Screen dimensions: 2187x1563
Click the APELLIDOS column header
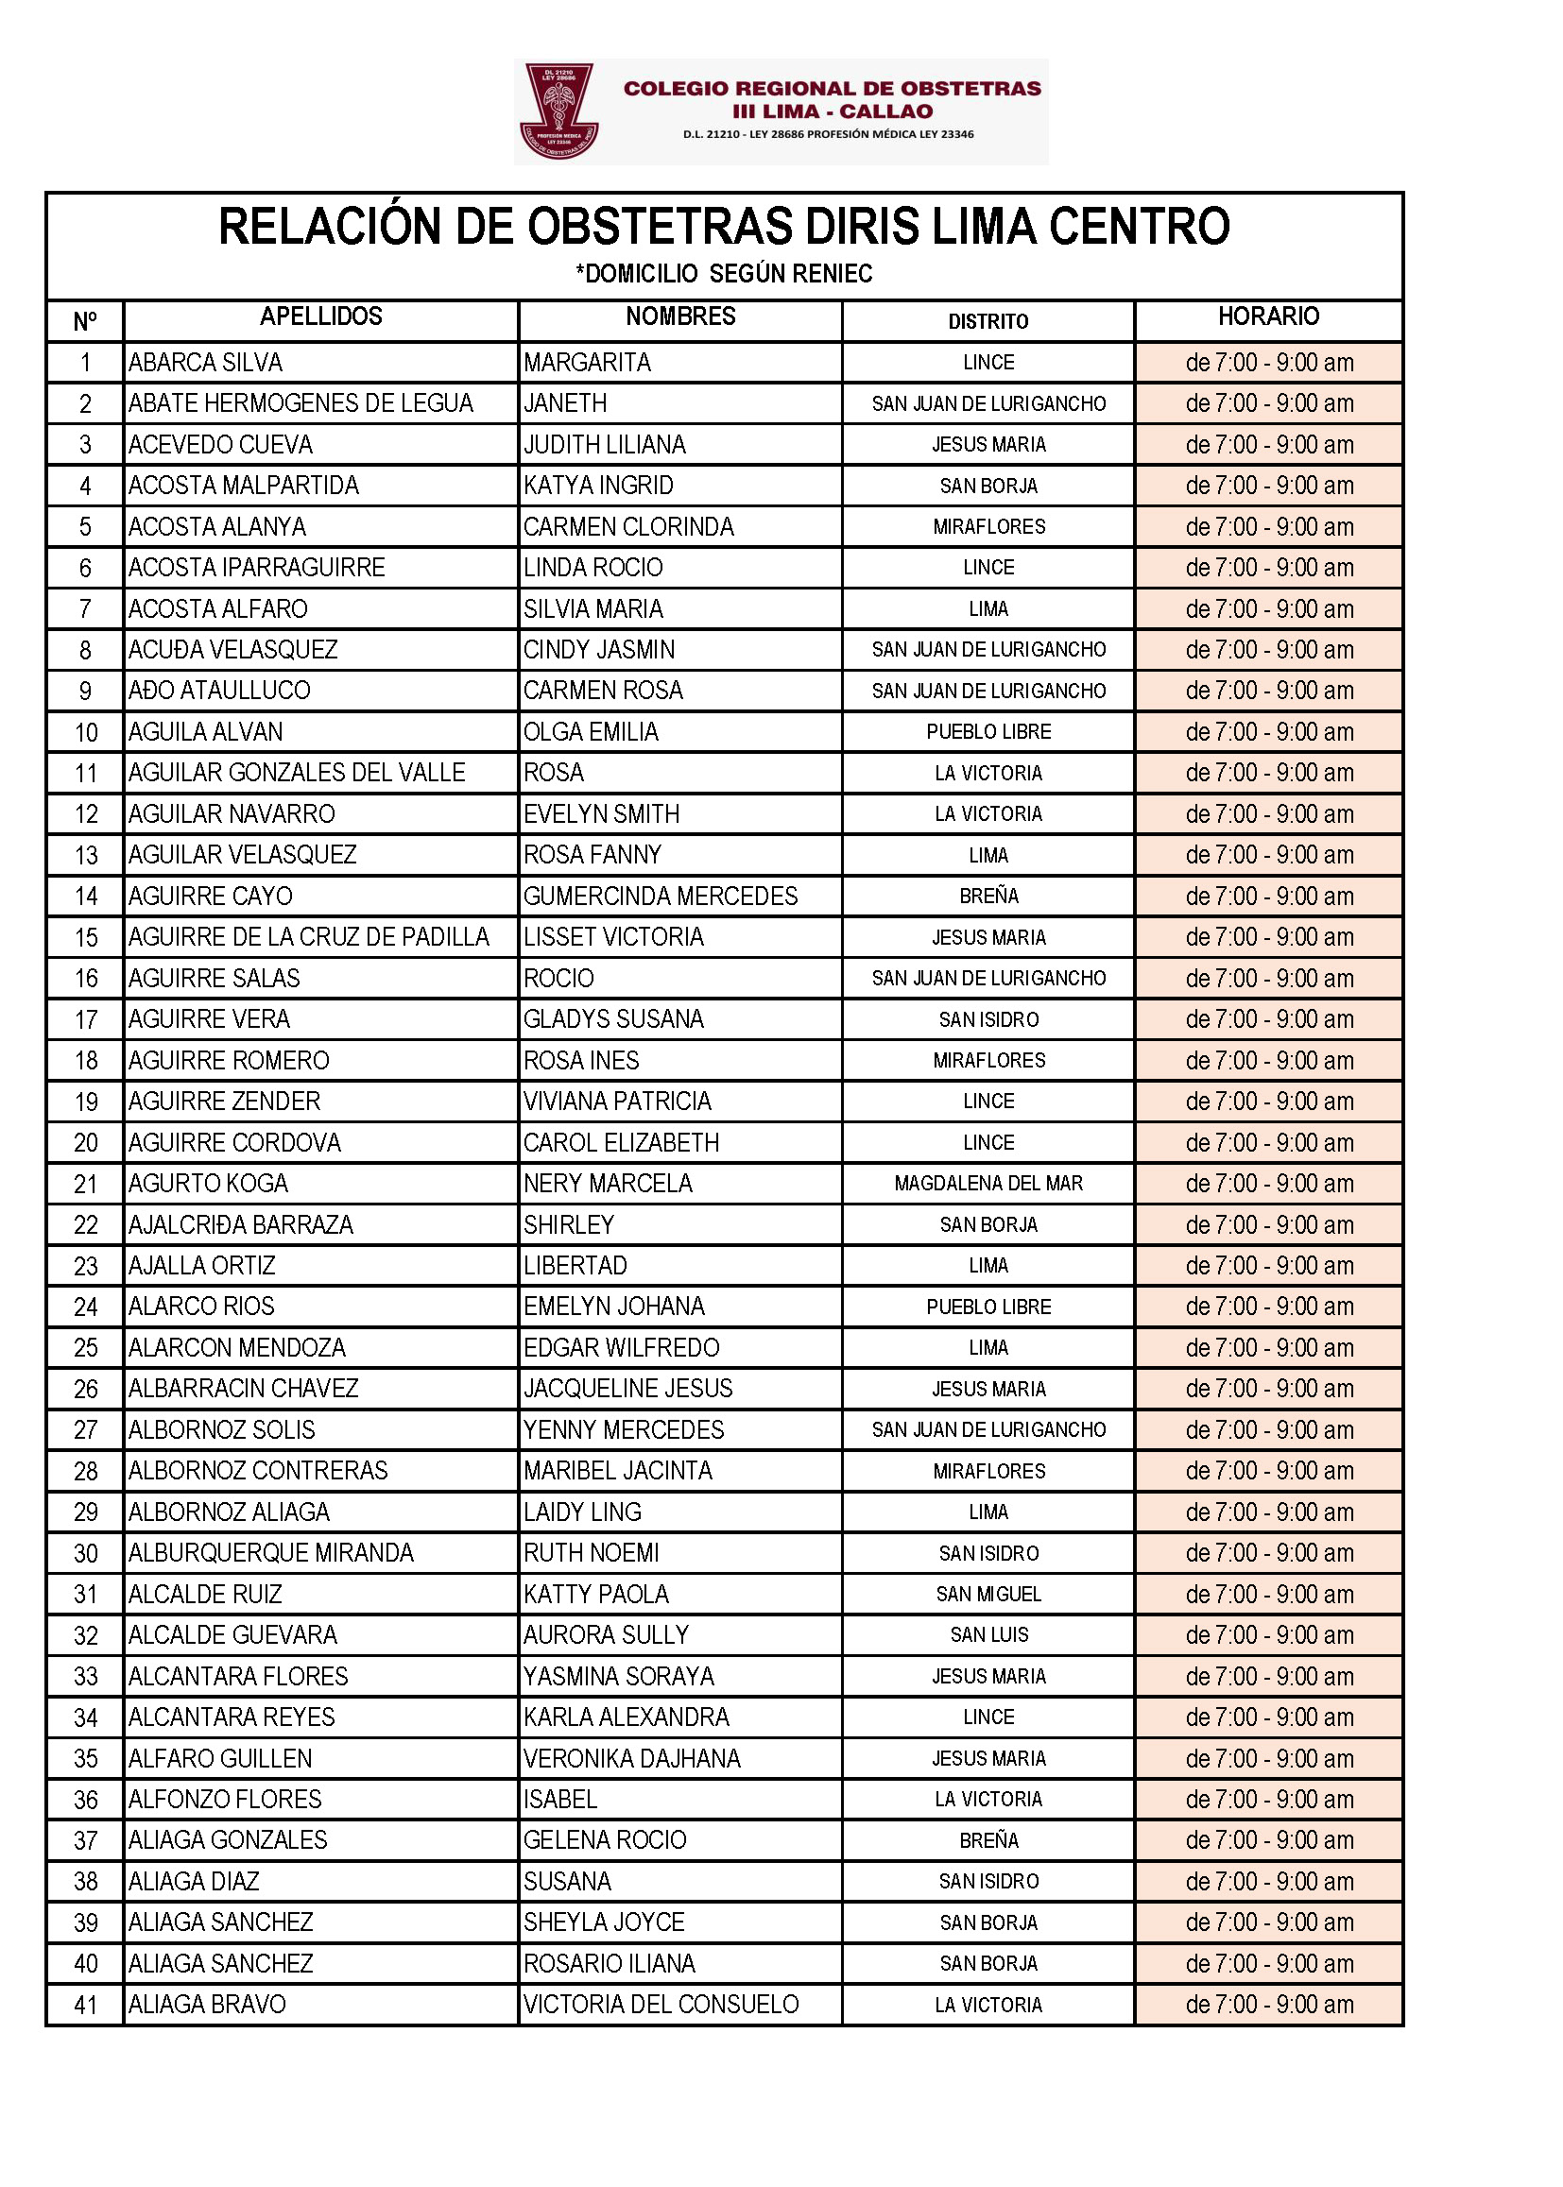coord(320,316)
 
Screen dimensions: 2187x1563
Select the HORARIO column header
coord(1268,316)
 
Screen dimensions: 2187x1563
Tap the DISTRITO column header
coord(988,321)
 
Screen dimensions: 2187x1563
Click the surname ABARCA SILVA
coord(205,363)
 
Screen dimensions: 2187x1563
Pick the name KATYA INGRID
coord(597,486)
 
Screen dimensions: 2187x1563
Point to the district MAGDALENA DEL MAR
coord(988,1184)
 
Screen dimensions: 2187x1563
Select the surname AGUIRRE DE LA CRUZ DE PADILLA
coord(308,937)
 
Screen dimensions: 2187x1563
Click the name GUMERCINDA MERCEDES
coord(661,897)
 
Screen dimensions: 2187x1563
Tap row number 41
coord(86,2006)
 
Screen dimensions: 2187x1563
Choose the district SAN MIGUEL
coord(988,1595)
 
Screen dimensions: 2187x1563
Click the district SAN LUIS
coord(988,1634)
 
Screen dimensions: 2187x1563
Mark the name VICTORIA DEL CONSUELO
coord(661,2006)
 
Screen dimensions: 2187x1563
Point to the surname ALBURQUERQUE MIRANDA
coord(270,1553)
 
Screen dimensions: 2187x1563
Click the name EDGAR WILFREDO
coord(621,1348)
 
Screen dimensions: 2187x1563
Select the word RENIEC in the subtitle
coord(834,274)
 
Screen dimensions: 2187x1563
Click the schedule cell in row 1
coord(1268,363)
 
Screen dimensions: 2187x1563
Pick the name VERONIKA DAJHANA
coord(631,1759)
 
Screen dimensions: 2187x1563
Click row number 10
coord(86,732)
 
